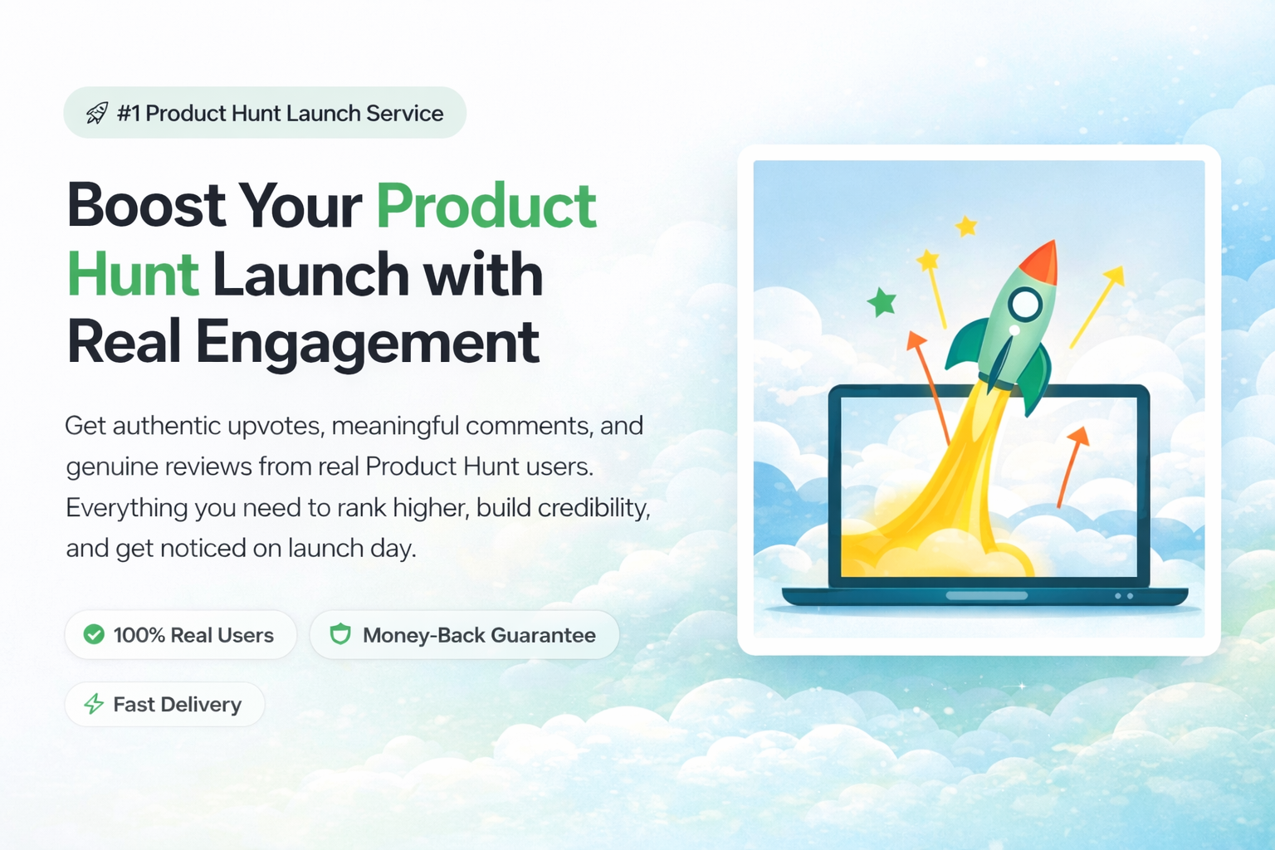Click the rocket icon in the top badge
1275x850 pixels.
click(97, 113)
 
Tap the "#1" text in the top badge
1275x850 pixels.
click(128, 113)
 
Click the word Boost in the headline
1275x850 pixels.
click(146, 205)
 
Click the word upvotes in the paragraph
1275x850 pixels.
click(276, 427)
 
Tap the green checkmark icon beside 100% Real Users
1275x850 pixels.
click(94, 634)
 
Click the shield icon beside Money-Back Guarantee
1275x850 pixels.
click(340, 634)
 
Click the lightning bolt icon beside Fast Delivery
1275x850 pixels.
click(94, 704)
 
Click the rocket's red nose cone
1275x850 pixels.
click(1041, 264)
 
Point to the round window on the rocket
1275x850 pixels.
click(1025, 304)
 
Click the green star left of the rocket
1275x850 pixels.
click(882, 301)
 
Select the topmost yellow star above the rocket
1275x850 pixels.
click(966, 226)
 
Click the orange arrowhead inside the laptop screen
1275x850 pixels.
click(1077, 436)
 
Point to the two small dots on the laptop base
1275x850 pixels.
click(1124, 596)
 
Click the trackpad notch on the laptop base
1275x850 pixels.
click(987, 595)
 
